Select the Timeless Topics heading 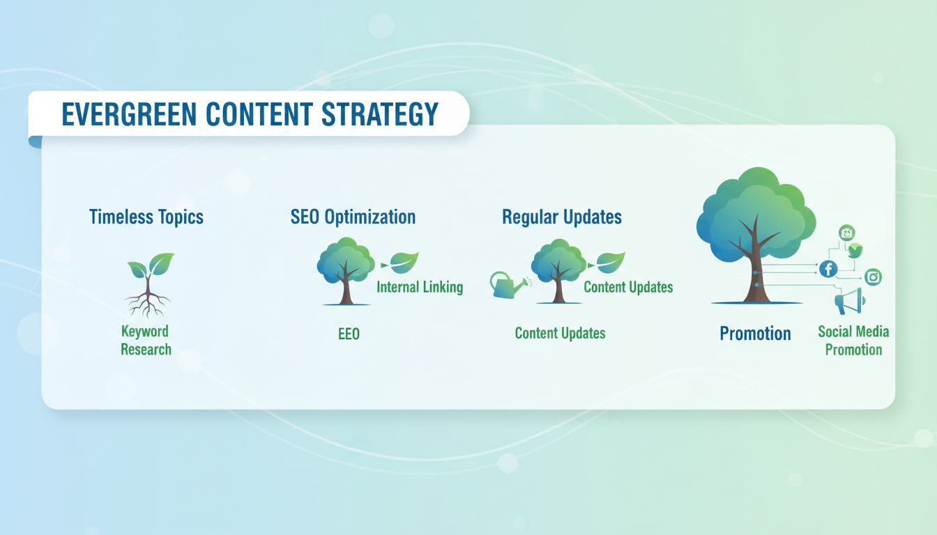click(x=146, y=217)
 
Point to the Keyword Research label click(x=145, y=340)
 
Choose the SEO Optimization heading click(x=353, y=217)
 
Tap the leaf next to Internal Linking click(x=404, y=263)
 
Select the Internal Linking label click(x=420, y=287)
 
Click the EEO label click(x=349, y=334)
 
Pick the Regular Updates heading click(x=561, y=217)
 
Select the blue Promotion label click(x=755, y=334)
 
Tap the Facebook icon click(x=828, y=268)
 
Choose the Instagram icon click(x=873, y=277)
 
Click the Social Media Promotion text click(x=853, y=341)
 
